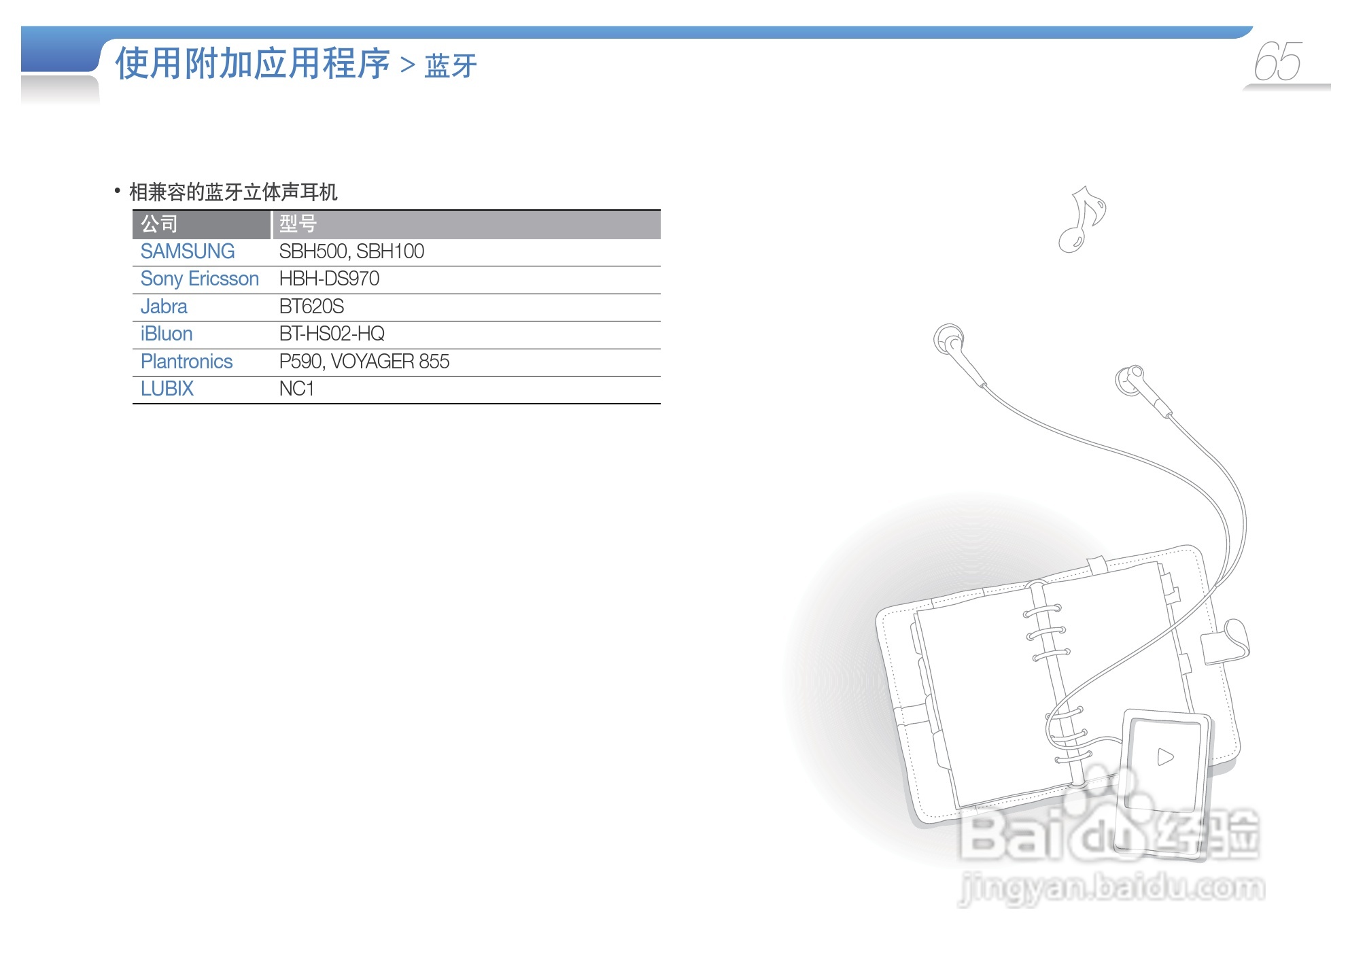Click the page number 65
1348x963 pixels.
[x=1277, y=62]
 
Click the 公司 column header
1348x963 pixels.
[x=159, y=224]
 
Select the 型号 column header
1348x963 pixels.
[x=298, y=224]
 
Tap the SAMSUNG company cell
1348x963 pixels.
[x=187, y=251]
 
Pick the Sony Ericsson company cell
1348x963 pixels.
[x=199, y=279]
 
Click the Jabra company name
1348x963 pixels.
[x=164, y=307]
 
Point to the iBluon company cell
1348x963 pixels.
[x=167, y=334]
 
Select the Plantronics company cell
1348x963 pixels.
[x=186, y=362]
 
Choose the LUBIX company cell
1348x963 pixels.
[x=167, y=389]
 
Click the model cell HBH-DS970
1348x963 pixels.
[x=329, y=279]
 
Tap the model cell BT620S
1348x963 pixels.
[x=311, y=307]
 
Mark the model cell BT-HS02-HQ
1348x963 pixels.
[x=332, y=334]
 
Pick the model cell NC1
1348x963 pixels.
[x=296, y=389]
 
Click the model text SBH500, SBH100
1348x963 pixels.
[x=351, y=251]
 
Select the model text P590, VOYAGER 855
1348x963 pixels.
[x=364, y=362]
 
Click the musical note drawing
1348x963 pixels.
[x=1082, y=219]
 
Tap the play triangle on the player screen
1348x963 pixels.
[x=1165, y=756]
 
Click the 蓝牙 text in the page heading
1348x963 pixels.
[x=450, y=66]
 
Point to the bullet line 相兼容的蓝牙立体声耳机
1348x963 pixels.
[x=233, y=192]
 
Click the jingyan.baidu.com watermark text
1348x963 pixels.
[x=1111, y=888]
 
